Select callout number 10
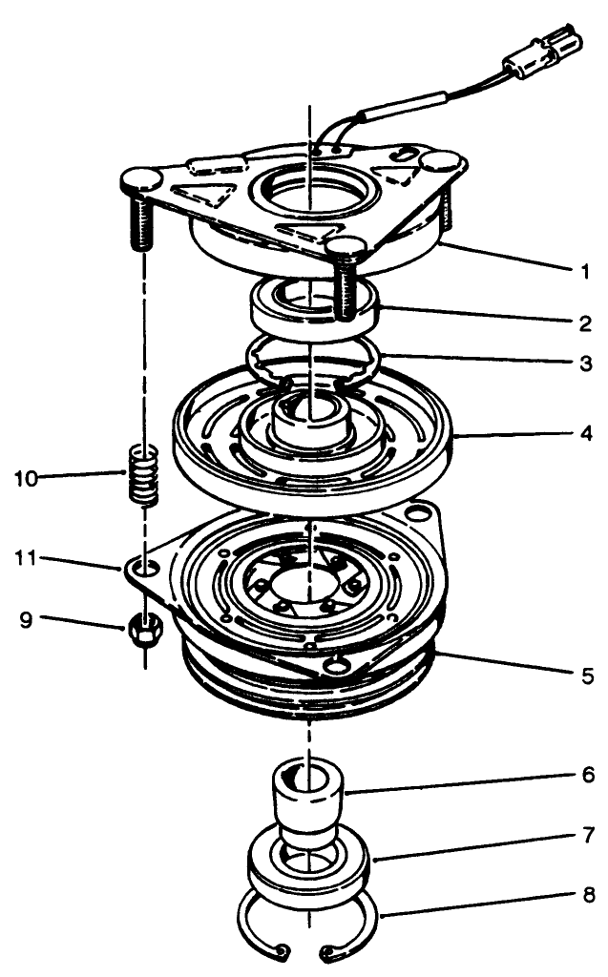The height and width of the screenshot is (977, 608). [x=28, y=477]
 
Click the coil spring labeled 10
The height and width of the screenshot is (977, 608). [x=141, y=475]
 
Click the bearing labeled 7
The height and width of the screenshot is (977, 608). [x=309, y=868]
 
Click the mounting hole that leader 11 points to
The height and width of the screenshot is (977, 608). [x=146, y=569]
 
